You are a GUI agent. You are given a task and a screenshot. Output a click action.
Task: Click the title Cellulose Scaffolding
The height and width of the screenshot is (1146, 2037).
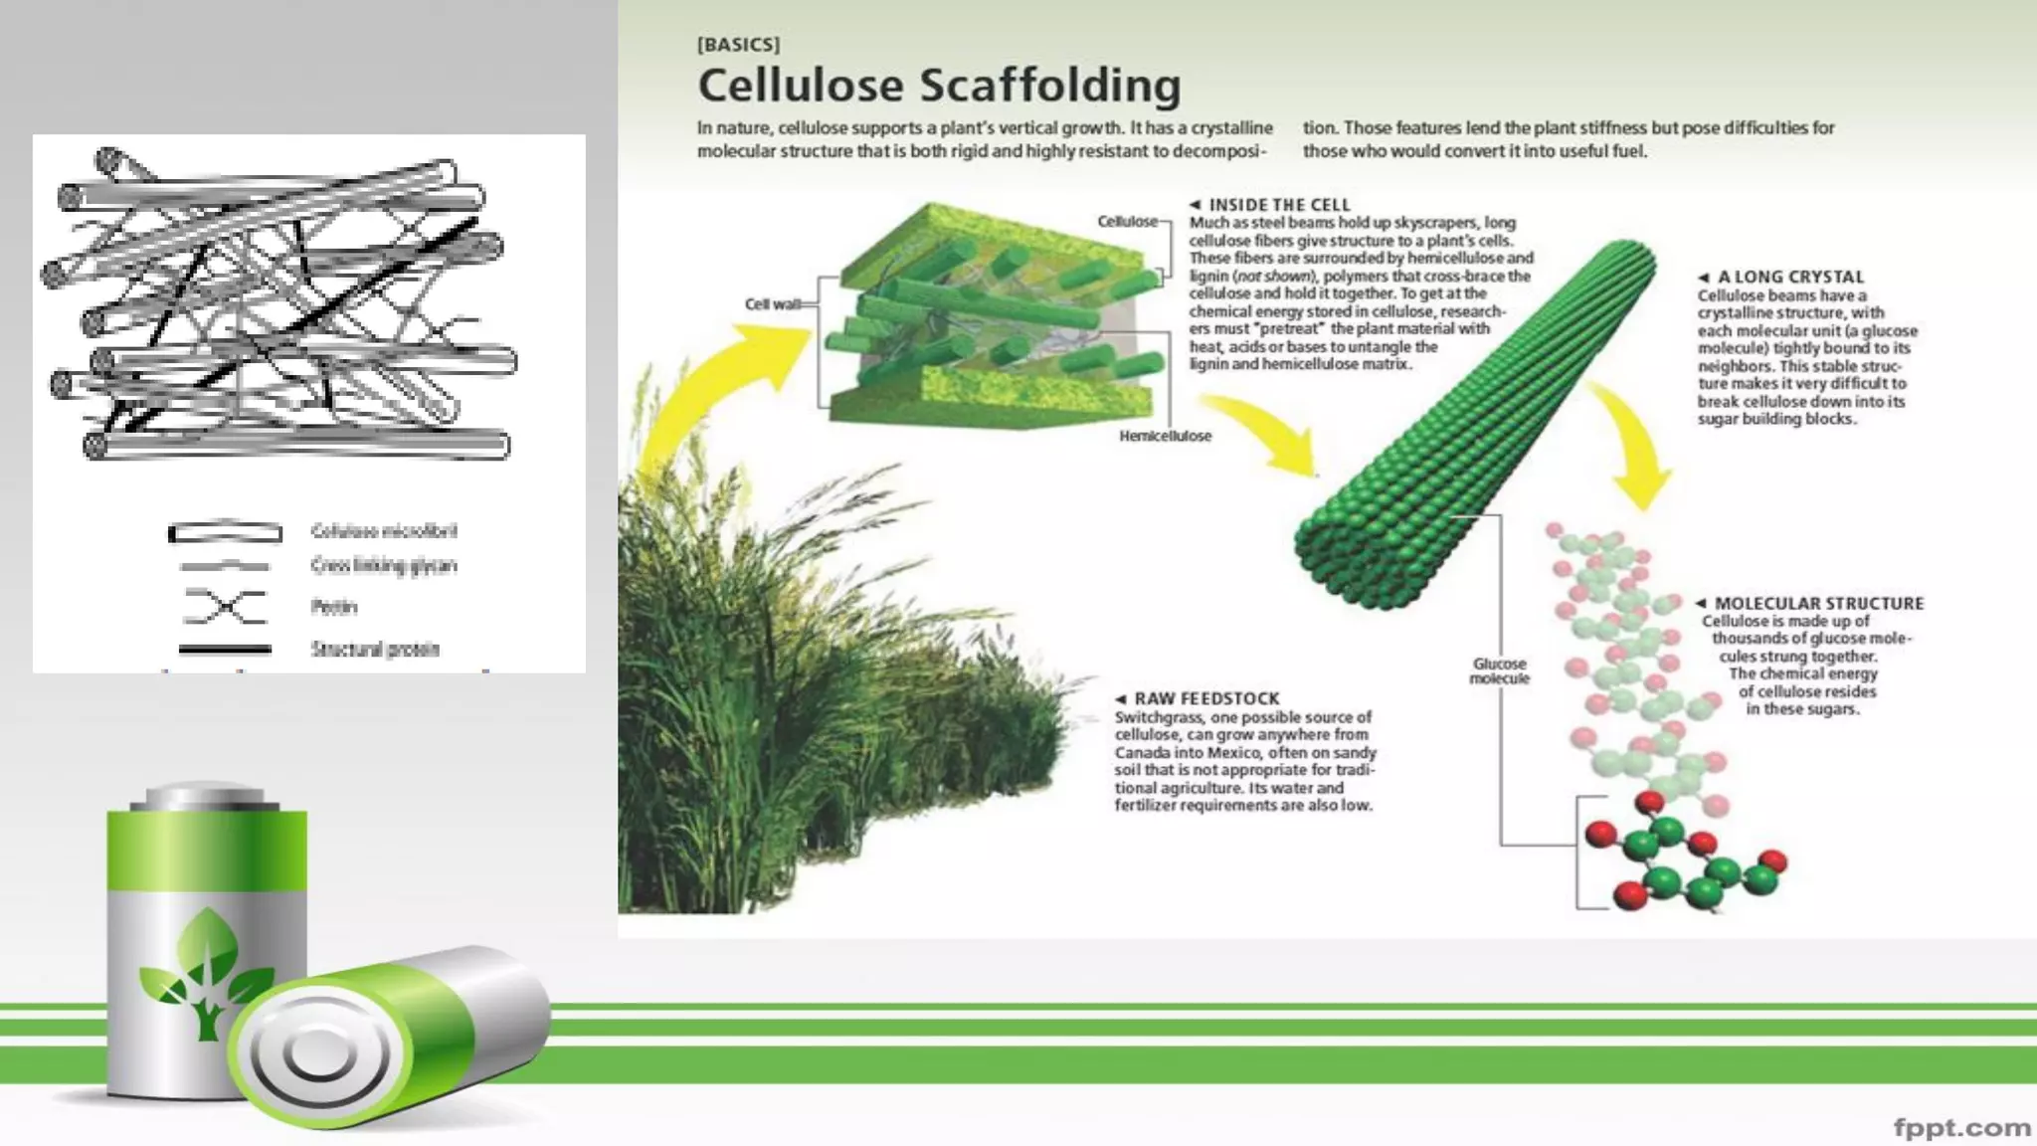click(x=939, y=86)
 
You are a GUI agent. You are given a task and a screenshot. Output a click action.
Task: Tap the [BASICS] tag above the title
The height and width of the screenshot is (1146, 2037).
click(x=738, y=45)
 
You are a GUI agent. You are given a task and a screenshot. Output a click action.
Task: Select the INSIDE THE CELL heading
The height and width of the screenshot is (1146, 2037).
click(x=1279, y=205)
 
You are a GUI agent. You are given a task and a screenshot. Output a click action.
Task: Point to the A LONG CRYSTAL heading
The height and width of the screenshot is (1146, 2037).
click(x=1790, y=278)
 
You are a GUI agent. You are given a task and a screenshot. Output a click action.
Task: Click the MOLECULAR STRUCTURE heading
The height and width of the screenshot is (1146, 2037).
click(x=1818, y=604)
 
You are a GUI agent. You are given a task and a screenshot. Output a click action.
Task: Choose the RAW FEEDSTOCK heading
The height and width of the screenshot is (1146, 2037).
click(x=1206, y=699)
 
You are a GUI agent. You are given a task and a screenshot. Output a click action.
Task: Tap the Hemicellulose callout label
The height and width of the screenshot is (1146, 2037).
click(x=1165, y=436)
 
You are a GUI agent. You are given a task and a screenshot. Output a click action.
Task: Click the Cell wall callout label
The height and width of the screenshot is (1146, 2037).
click(x=773, y=303)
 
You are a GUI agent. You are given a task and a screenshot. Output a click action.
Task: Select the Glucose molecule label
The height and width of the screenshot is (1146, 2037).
click(x=1499, y=670)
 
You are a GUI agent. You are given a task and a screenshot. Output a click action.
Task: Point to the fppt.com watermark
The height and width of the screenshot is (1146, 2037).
click(x=1961, y=1128)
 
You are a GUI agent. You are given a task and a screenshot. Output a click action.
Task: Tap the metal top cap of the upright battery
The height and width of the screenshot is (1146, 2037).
click(x=205, y=798)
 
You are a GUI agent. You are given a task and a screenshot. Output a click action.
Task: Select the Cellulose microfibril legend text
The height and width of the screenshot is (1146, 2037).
click(x=384, y=531)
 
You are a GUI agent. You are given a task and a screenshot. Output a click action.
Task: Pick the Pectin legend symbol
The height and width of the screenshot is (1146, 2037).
click(x=226, y=606)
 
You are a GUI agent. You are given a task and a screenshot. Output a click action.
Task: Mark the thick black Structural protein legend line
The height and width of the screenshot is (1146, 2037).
click(x=225, y=650)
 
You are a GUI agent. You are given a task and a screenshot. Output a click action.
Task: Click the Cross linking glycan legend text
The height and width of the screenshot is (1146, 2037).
click(x=384, y=566)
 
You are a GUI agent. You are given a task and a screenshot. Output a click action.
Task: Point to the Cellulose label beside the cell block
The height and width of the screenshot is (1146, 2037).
click(x=1127, y=221)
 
